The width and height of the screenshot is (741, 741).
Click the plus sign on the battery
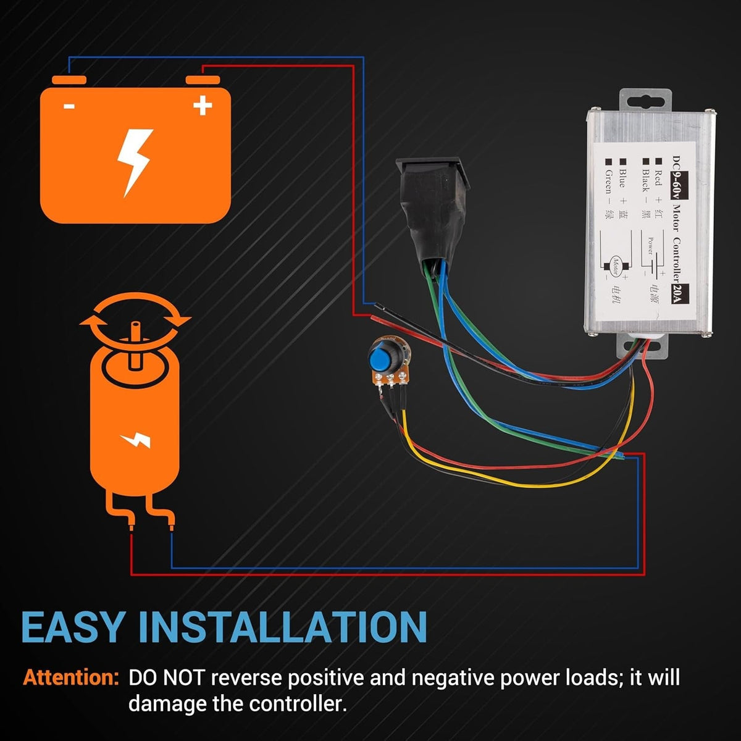(x=203, y=106)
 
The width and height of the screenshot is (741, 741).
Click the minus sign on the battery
(x=69, y=106)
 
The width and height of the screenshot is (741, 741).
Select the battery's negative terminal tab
(x=69, y=80)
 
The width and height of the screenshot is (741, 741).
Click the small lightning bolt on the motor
(x=135, y=440)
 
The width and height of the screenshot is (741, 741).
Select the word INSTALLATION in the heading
(x=288, y=627)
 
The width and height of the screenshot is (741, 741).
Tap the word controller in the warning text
(x=295, y=703)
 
